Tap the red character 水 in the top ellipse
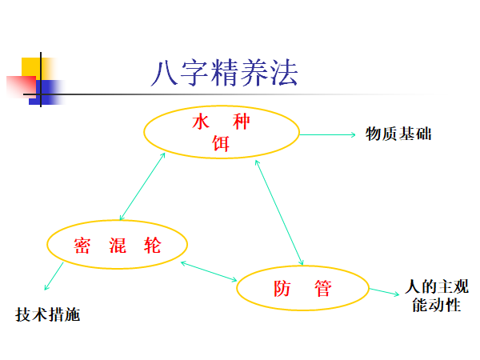point(200,123)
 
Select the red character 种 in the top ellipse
point(242,123)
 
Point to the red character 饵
point(221,143)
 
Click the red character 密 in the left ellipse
point(82,245)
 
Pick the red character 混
point(118,245)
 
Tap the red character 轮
point(152,245)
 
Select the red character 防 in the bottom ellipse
point(282,289)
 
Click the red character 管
point(322,289)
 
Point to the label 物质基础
point(398,134)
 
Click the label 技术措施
point(48,315)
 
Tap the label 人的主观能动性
point(437,295)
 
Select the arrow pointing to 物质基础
point(328,134)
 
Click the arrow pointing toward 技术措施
point(54,277)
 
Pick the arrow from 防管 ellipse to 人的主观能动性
point(385,291)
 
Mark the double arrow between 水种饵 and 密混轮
point(142,186)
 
